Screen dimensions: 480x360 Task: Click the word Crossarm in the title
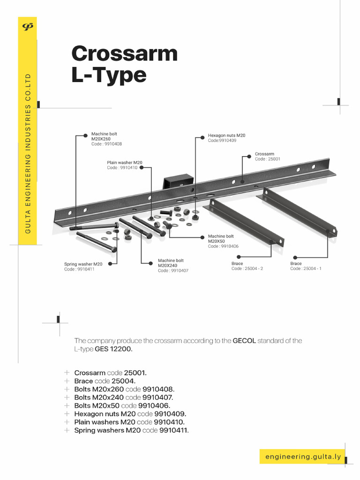(x=124, y=53)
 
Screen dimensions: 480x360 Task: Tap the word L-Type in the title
(x=109, y=75)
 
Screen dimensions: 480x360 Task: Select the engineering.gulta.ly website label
(x=303, y=457)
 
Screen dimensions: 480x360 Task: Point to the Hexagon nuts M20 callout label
(x=226, y=137)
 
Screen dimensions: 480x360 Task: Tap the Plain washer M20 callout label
(x=124, y=165)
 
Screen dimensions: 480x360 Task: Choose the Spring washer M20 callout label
(x=83, y=267)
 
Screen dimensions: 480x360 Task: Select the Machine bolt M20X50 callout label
(x=223, y=241)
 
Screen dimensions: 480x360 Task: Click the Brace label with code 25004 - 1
(x=306, y=266)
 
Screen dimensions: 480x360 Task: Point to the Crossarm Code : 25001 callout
(x=267, y=157)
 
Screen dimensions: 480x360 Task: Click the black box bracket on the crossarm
(x=178, y=180)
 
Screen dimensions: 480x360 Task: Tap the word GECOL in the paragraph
(x=244, y=341)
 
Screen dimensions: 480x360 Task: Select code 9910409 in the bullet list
(x=170, y=414)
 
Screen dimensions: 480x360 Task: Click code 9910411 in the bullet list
(x=174, y=430)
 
